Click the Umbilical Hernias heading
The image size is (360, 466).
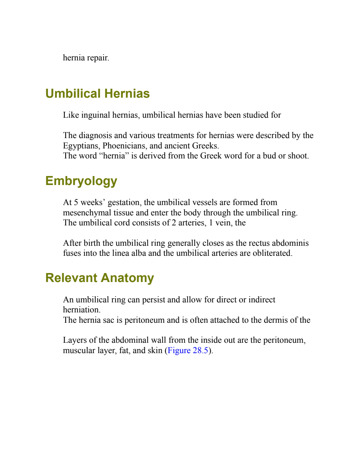(98, 94)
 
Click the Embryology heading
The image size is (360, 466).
(81, 181)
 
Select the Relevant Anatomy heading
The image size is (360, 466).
(100, 278)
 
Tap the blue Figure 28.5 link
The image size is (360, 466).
(188, 350)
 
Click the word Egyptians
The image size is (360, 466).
(81, 146)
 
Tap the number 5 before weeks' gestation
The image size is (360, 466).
(76, 202)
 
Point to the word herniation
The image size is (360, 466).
(82, 310)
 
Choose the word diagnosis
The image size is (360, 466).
(95, 136)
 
